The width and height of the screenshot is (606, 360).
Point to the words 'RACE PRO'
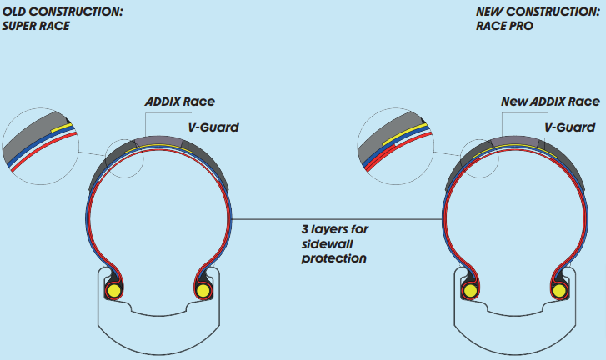click(x=504, y=26)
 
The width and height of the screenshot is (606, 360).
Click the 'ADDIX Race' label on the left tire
click(x=180, y=102)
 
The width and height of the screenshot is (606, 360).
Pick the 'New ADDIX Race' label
click(x=550, y=102)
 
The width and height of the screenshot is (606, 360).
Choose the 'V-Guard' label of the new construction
click(x=570, y=127)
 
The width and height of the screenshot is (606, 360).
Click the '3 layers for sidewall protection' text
click(x=333, y=243)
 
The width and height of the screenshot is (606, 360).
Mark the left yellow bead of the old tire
click(x=113, y=291)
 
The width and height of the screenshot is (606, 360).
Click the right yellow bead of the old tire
click(x=202, y=291)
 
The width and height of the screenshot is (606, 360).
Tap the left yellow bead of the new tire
click(x=469, y=291)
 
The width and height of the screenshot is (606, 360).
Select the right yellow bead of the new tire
click(x=558, y=291)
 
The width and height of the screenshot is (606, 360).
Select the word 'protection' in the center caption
click(x=333, y=258)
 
